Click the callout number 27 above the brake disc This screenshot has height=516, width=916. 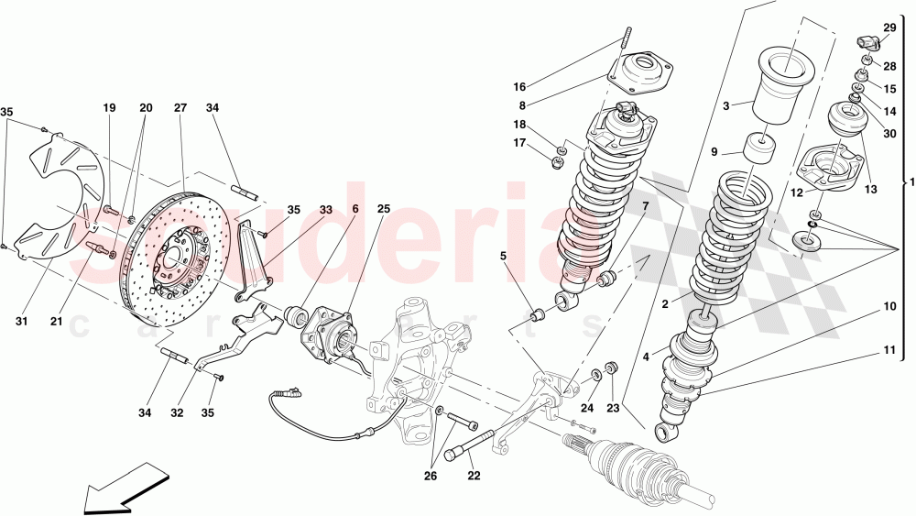click(x=180, y=108)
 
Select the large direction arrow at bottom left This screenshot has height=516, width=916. click(x=123, y=489)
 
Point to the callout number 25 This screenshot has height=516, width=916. click(x=383, y=209)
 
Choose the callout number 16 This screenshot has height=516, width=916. click(x=519, y=87)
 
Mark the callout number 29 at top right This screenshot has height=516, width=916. click(x=889, y=28)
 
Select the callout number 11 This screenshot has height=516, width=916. click(x=889, y=350)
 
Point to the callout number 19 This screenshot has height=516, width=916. click(x=109, y=108)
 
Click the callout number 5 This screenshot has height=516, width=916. click(x=503, y=256)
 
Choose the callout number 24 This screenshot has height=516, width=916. click(x=587, y=409)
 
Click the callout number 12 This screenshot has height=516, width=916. click(x=797, y=192)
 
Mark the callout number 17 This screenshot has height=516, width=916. click(x=519, y=143)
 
